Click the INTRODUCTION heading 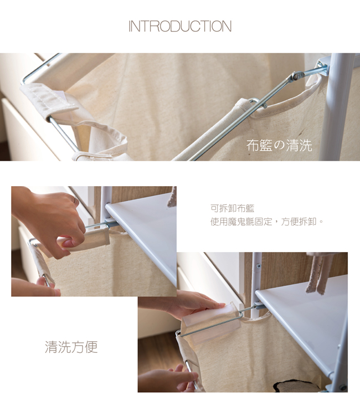pyautogui.click(x=180, y=27)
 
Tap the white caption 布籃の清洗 pyautogui.click(x=279, y=145)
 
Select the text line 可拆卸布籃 pyautogui.click(x=232, y=208)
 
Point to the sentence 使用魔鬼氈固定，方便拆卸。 pyautogui.click(x=267, y=222)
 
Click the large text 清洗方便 pyautogui.click(x=71, y=347)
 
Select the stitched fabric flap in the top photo pyautogui.click(x=49, y=100)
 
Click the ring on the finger pyautogui.click(x=75, y=201)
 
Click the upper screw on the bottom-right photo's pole pyautogui.click(x=258, y=266)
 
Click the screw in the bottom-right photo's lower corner pyautogui.click(x=343, y=388)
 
